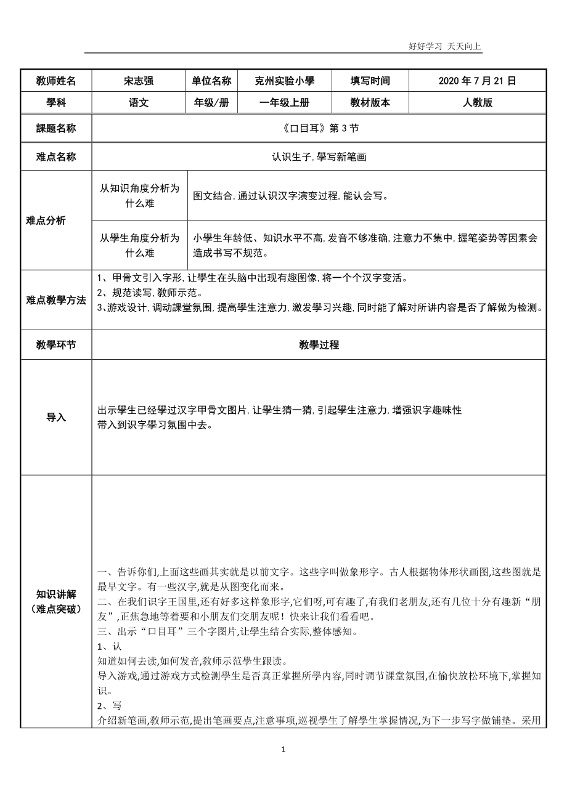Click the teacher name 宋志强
click(x=139, y=81)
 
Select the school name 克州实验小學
click(x=285, y=81)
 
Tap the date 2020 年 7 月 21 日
click(x=477, y=81)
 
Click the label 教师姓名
click(x=56, y=81)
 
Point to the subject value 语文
click(x=139, y=103)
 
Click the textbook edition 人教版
click(x=478, y=103)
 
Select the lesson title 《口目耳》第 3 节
click(x=319, y=129)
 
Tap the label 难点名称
click(x=56, y=157)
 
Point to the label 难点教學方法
click(x=56, y=300)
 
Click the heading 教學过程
click(x=319, y=345)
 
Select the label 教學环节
click(x=56, y=345)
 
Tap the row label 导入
click(x=56, y=417)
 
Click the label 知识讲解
click(x=56, y=594)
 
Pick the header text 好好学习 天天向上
click(x=444, y=46)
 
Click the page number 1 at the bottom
click(x=283, y=750)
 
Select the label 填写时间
click(x=370, y=81)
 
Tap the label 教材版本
click(x=370, y=103)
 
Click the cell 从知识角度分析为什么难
click(x=140, y=196)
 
